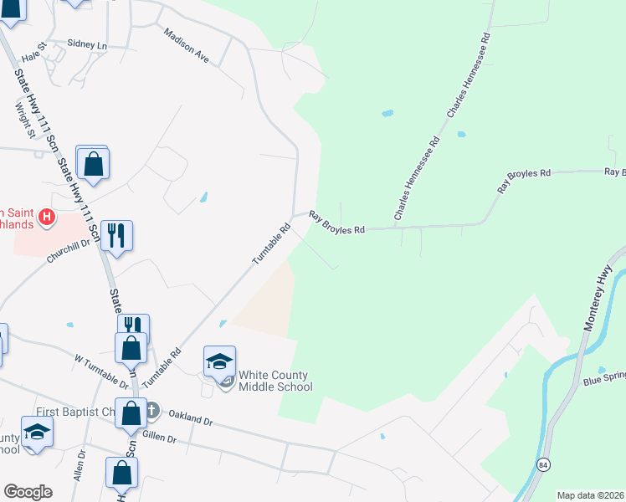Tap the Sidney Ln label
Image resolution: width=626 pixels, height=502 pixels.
[88, 44]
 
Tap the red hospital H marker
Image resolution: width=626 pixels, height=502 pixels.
[48, 219]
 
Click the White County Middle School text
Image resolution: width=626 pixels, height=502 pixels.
[275, 381]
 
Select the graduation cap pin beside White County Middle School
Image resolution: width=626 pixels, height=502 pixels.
[218, 361]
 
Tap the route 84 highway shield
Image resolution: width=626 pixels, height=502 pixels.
[544, 464]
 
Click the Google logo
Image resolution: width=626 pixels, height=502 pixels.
[28, 491]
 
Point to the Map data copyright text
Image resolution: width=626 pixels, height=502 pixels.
[590, 495]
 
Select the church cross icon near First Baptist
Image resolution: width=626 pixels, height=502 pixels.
[151, 411]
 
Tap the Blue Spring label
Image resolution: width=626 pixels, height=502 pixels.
[603, 382]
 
